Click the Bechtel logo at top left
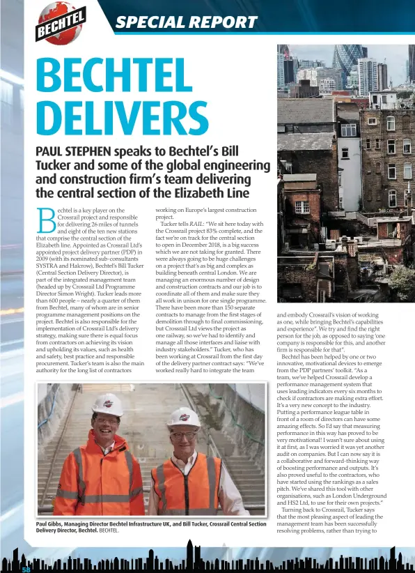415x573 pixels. tap(61, 22)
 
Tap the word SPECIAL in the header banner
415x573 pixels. tap(148, 22)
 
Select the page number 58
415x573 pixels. tap(25, 570)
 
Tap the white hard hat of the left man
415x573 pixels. tap(108, 404)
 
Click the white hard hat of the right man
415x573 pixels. tap(184, 417)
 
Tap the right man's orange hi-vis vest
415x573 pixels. tap(185, 482)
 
